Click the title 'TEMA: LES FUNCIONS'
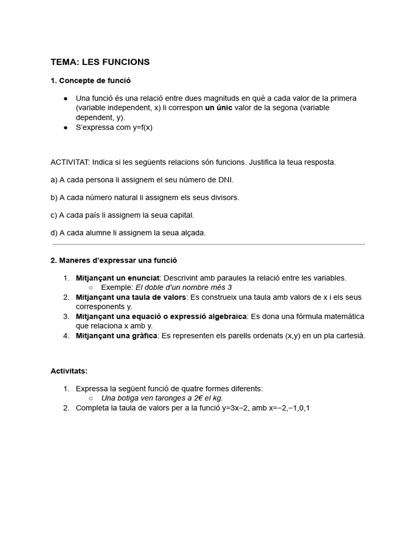[100, 62]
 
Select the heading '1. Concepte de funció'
[91, 81]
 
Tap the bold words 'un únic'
[218, 108]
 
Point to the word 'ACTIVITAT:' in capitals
[70, 162]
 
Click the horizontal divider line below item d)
[208, 245]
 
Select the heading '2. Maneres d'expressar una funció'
[113, 260]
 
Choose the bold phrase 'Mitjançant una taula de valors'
[131, 297]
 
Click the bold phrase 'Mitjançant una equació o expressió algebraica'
[161, 317]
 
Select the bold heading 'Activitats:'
[69, 371]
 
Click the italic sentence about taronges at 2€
[162, 398]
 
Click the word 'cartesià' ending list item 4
[350, 336]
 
